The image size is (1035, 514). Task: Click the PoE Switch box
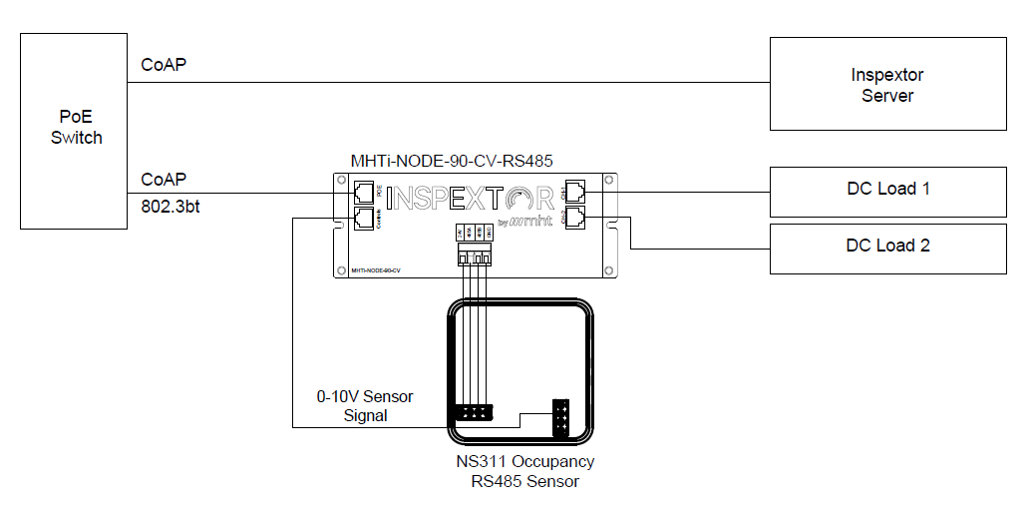tap(76, 130)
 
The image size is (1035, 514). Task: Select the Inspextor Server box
tap(887, 85)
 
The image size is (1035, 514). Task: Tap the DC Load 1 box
tap(887, 189)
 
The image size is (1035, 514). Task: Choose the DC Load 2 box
tap(887, 246)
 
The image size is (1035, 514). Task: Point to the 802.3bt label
tap(170, 206)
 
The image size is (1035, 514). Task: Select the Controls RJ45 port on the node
tap(364, 218)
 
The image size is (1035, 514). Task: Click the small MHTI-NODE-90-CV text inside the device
tap(375, 269)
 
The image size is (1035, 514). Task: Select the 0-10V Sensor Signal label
tap(365, 406)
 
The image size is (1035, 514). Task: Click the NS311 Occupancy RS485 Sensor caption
tap(525, 471)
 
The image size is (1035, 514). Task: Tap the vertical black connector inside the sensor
tap(562, 416)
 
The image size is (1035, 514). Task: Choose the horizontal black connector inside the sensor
tap(473, 412)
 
